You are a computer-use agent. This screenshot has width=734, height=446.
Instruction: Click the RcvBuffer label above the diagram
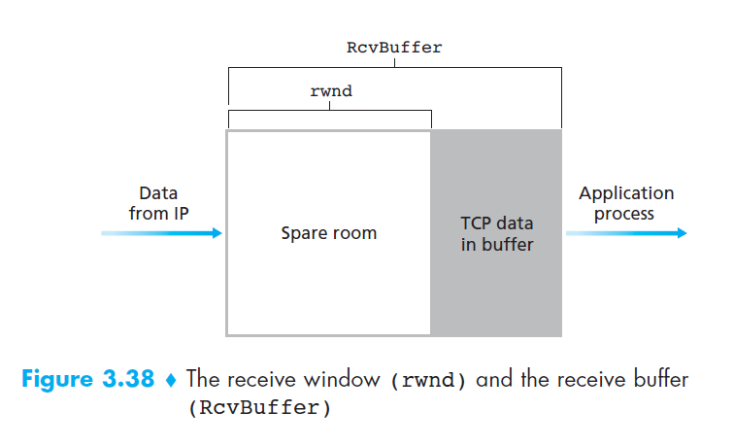(x=394, y=47)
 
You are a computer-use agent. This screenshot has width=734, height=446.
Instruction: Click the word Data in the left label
(x=158, y=193)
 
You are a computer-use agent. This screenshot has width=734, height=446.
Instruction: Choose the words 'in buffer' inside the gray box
(x=496, y=245)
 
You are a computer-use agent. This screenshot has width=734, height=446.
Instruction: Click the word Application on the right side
(x=625, y=193)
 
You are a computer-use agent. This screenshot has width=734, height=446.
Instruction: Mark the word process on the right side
(x=624, y=213)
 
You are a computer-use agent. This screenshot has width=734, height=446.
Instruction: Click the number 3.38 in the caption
(x=124, y=379)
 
